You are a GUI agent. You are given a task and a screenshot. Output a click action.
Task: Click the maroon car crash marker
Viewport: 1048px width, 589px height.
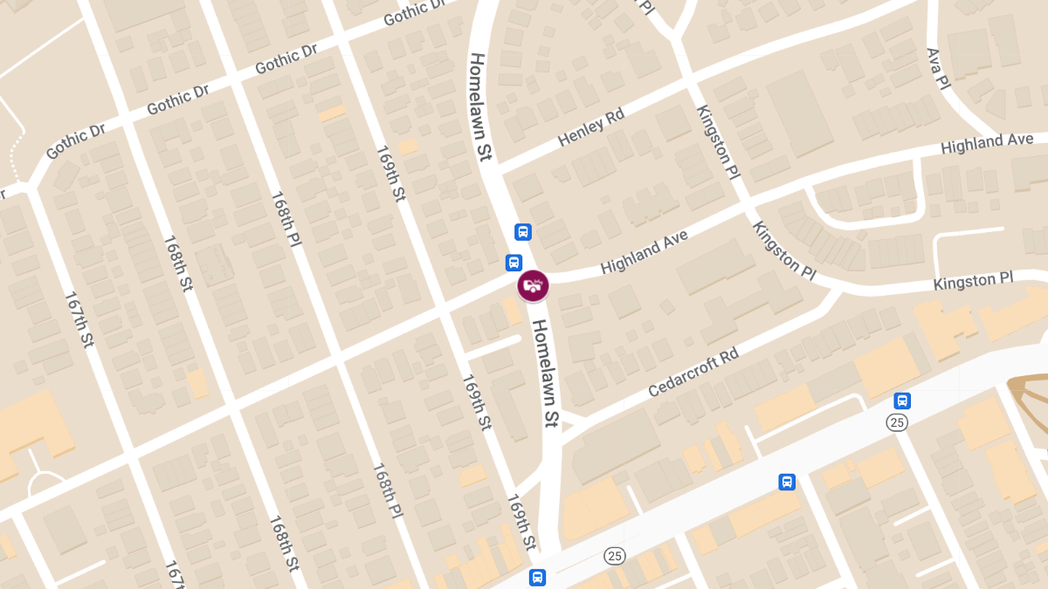(x=533, y=284)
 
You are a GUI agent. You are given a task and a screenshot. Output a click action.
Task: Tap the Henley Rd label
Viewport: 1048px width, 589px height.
(x=592, y=130)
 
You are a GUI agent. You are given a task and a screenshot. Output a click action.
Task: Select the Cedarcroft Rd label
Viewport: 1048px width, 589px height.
(x=693, y=373)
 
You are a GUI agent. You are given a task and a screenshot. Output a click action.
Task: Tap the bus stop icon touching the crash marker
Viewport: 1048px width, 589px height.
(x=514, y=262)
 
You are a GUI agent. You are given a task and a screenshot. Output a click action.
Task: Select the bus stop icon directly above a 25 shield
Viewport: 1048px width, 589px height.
(x=902, y=401)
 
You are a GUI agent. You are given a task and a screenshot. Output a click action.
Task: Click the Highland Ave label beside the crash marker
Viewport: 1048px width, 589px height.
(x=645, y=251)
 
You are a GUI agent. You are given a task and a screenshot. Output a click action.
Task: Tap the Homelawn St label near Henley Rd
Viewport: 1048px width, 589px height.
(x=481, y=106)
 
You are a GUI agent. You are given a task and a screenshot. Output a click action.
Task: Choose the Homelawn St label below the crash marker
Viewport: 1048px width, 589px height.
(x=545, y=373)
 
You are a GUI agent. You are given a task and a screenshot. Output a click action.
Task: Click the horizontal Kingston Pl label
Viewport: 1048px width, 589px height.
(x=973, y=282)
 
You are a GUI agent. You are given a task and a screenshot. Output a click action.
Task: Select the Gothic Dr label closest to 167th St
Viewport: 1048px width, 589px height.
(x=76, y=141)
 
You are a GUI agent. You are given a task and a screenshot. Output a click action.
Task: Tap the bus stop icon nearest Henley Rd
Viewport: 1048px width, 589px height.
(x=523, y=232)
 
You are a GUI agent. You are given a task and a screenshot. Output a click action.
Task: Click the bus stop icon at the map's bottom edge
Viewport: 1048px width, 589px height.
(x=537, y=577)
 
